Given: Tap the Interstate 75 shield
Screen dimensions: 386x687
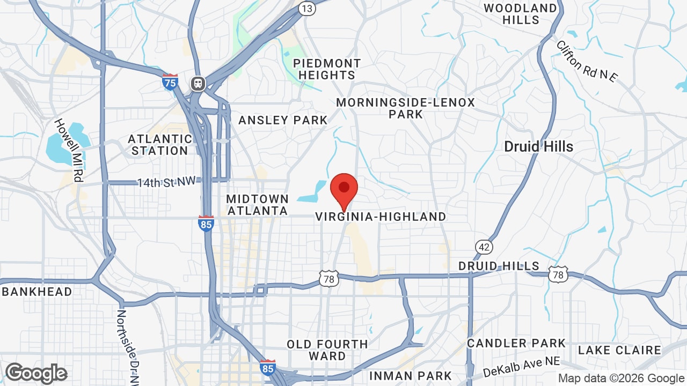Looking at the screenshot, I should click(170, 82).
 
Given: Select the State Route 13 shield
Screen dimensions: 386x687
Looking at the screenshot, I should click(307, 8).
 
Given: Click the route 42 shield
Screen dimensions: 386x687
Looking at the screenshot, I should click(484, 247).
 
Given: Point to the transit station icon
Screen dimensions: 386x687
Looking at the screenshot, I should click(198, 84).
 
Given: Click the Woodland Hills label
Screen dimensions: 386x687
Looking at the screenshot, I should click(521, 14).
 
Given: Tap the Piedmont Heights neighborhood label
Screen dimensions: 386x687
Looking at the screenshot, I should click(327, 69).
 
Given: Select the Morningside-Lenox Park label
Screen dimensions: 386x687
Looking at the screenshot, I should click(406, 108).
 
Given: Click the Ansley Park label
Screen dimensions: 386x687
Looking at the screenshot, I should click(283, 120).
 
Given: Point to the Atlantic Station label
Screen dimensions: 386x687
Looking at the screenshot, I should click(160, 145).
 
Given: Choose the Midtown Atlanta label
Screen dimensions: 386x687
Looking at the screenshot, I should click(258, 205).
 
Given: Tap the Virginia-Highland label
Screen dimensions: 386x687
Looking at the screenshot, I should click(381, 217).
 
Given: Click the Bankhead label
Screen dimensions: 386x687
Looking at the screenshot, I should click(36, 292).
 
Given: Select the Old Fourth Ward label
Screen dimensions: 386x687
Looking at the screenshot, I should click(327, 350).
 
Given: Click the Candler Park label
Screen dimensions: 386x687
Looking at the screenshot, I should click(516, 343).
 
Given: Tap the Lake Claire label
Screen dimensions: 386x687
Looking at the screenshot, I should click(619, 350).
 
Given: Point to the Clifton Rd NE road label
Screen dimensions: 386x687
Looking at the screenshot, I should click(587, 62).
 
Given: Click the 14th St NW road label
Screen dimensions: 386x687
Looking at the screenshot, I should click(166, 182).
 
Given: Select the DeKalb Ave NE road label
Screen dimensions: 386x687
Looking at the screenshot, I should click(522, 367).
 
